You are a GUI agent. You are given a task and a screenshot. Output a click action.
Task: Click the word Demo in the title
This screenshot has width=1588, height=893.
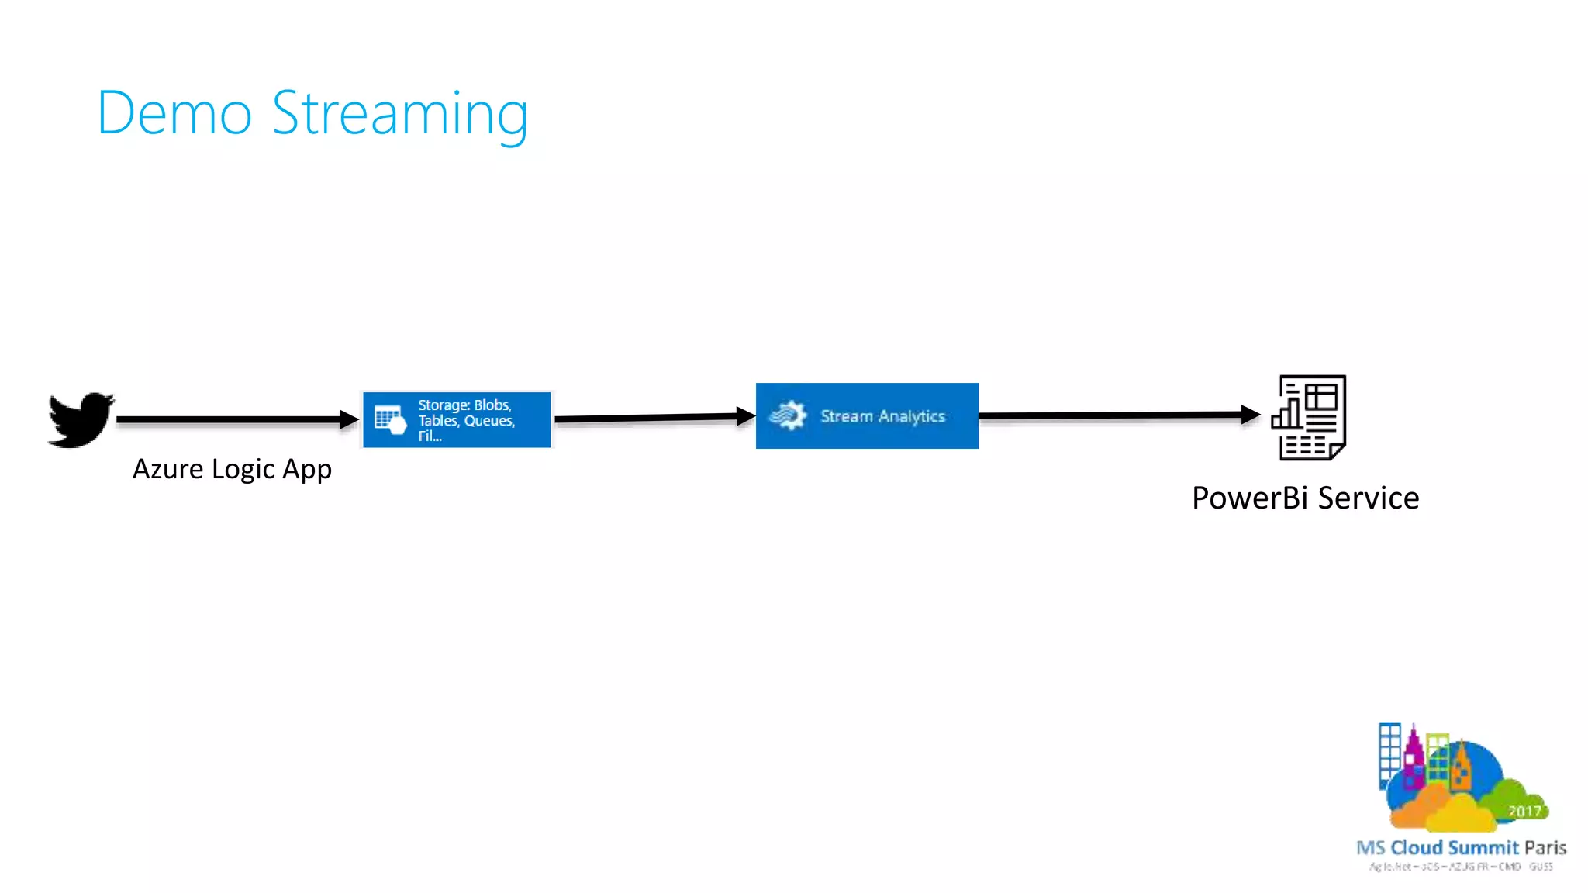coord(174,114)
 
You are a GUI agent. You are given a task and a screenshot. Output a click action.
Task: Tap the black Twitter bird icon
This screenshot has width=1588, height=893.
coord(80,419)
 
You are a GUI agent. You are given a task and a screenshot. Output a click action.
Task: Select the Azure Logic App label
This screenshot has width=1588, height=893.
coord(232,469)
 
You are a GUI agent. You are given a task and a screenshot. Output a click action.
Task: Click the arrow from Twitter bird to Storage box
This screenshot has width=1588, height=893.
coord(233,419)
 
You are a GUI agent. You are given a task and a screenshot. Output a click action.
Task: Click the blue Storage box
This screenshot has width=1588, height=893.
coord(457,419)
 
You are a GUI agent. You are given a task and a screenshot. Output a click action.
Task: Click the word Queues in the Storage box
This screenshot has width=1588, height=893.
coord(488,421)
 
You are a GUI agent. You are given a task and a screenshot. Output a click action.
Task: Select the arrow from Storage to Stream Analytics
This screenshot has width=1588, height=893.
coord(651,418)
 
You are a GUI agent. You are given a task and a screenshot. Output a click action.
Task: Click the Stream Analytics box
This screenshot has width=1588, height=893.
coord(867,416)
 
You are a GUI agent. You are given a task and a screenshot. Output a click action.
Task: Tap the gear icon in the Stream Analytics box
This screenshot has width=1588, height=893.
coord(788,415)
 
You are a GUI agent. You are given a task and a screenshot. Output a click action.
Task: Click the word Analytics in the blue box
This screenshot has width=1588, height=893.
coord(912,417)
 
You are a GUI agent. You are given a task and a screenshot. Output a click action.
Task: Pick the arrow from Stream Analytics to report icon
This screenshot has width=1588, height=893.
coord(1117,415)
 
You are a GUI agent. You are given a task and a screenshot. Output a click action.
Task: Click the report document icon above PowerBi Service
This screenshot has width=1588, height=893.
coord(1310,418)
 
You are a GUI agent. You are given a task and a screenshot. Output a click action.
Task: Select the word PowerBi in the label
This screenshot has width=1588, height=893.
coord(1250,498)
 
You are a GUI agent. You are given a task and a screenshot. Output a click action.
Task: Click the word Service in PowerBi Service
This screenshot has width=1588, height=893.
coord(1369,498)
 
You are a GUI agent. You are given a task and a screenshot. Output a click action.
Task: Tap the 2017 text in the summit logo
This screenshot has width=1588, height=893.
coord(1524,812)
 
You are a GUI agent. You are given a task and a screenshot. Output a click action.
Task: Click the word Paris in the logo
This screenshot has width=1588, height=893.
coord(1545,847)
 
